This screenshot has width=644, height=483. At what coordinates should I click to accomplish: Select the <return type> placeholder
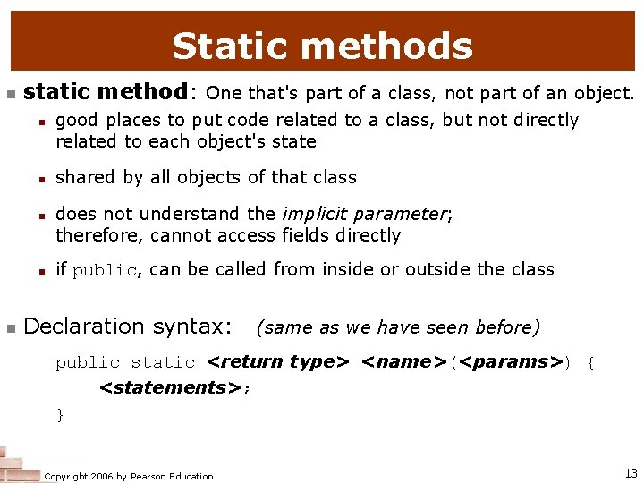(x=277, y=362)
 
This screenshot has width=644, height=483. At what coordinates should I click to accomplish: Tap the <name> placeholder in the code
(x=404, y=362)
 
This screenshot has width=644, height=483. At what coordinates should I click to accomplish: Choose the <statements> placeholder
(x=171, y=387)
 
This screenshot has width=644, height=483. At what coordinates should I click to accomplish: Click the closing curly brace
(x=60, y=413)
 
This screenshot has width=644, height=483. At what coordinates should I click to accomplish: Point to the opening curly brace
(x=589, y=362)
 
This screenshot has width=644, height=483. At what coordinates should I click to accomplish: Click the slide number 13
(x=631, y=472)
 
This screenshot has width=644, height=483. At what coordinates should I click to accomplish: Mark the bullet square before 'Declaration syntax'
(x=10, y=328)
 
